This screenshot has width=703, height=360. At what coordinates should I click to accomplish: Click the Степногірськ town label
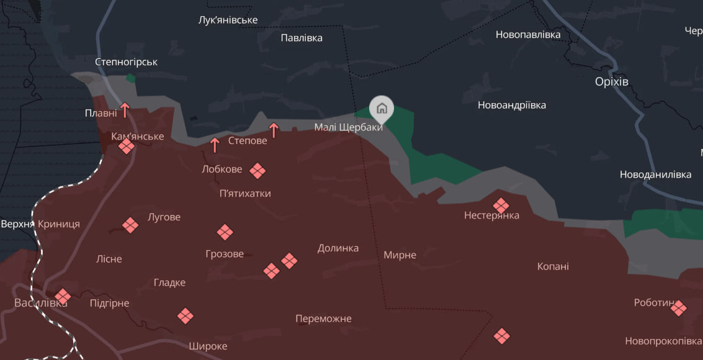126,62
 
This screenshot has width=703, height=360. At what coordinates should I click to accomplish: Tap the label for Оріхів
611,82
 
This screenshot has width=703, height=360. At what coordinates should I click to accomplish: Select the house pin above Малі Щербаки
382,109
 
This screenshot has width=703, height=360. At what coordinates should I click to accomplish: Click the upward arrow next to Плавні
125,110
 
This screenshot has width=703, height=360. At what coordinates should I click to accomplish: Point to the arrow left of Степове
215,145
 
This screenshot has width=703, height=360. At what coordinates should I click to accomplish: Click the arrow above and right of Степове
274,130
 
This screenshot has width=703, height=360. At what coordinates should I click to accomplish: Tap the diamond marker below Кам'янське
127,146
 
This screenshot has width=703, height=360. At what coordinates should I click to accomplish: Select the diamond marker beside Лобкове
257,171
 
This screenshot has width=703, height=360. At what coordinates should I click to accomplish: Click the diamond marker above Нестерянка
501,205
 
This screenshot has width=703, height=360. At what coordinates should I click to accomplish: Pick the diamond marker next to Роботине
678,308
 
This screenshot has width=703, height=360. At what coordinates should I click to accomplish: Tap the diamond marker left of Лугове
130,225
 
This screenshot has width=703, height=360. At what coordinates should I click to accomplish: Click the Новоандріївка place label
511,106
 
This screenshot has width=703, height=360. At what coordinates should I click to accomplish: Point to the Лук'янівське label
228,20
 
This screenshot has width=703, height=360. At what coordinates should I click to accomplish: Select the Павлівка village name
302,38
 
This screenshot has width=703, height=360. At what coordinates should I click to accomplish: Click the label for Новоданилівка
655,174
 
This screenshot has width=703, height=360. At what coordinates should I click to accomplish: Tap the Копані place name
553,266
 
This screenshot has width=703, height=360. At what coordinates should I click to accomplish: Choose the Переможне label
323,319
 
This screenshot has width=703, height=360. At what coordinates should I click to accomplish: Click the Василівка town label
40,303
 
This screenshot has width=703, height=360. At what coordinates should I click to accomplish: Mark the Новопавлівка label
527,35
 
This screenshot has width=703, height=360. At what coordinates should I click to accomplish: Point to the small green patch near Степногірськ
130,78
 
